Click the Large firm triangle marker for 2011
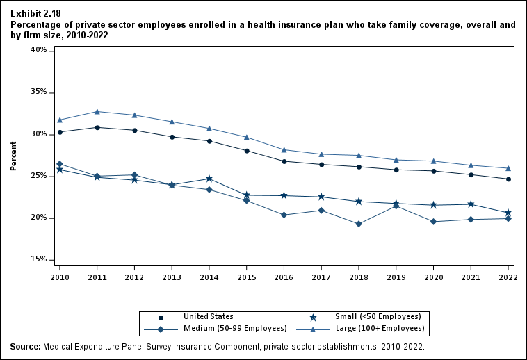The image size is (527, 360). pyautogui.click(x=97, y=111)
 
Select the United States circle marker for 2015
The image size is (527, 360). pyautogui.click(x=247, y=151)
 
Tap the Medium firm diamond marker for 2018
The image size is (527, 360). pyautogui.click(x=359, y=224)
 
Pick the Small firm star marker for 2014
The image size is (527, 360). pyautogui.click(x=209, y=179)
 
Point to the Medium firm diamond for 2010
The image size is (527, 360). pyautogui.click(x=60, y=164)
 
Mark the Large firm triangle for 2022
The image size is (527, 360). pyautogui.click(x=508, y=168)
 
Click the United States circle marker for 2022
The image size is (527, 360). pyautogui.click(x=508, y=179)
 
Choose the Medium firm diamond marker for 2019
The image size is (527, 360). pyautogui.click(x=396, y=206)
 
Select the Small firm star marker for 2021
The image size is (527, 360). pyautogui.click(x=471, y=204)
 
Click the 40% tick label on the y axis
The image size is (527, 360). pyautogui.click(x=38, y=51)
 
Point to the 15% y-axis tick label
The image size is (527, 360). pyautogui.click(x=38, y=260)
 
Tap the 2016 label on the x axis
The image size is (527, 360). pyautogui.click(x=284, y=276)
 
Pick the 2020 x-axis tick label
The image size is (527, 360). pyautogui.click(x=433, y=276)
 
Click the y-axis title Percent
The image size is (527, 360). pyautogui.click(x=14, y=156)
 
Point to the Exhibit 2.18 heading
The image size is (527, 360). pyautogui.click(x=34, y=13)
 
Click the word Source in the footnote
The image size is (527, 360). pyautogui.click(x=25, y=346)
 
